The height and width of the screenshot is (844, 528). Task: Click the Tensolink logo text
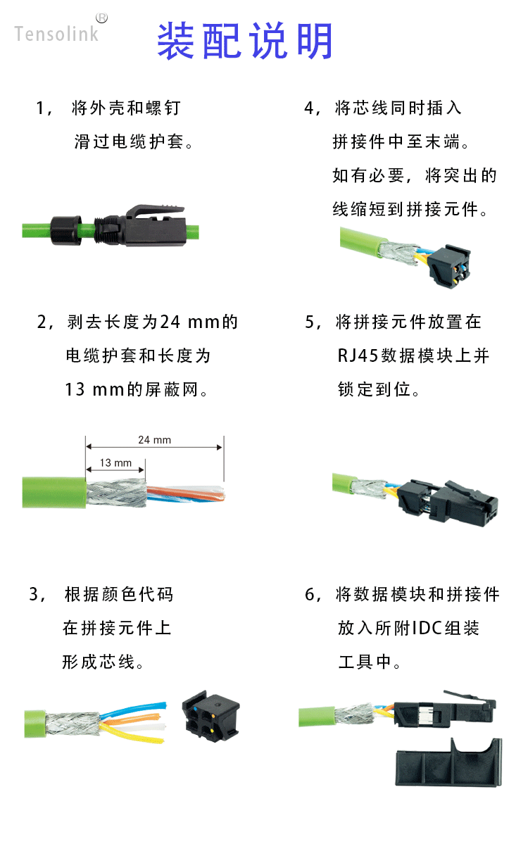coord(56,33)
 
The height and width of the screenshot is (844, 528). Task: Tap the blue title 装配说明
coord(244,41)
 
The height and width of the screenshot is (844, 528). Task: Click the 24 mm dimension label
coord(154,440)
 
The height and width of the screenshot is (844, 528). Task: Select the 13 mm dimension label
coord(115,463)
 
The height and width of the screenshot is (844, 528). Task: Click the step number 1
coord(40,108)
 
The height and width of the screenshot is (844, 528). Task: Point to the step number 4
coord(309,108)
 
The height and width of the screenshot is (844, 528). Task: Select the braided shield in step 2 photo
coord(116,493)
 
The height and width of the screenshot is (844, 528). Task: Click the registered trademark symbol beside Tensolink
coord(101,18)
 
